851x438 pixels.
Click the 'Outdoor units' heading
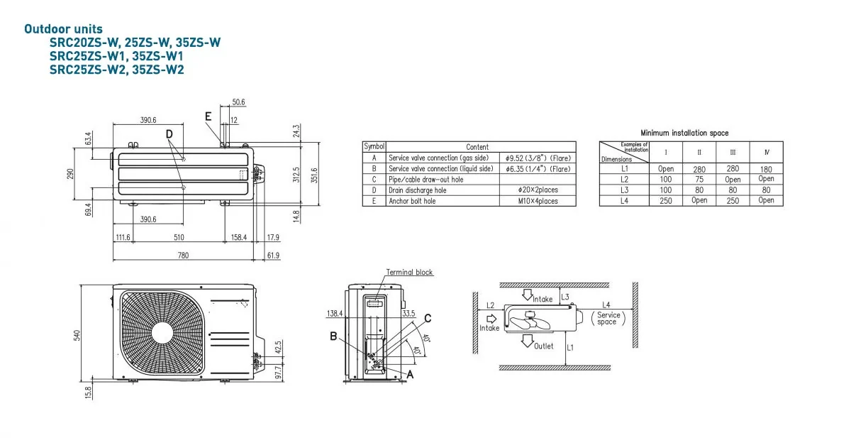pyautogui.click(x=63, y=29)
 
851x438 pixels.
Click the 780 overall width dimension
pyautogui.click(x=184, y=256)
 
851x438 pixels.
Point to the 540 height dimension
pyautogui.click(x=78, y=334)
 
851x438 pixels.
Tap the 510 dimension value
pyautogui.click(x=179, y=237)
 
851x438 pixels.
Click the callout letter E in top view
pyautogui.click(x=208, y=116)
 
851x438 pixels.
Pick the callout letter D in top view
pyautogui.click(x=169, y=133)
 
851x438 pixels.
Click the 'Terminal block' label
pyautogui.click(x=409, y=273)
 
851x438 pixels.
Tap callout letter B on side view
pyautogui.click(x=333, y=336)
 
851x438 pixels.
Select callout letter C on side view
pyautogui.click(x=428, y=317)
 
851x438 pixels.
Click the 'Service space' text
pyautogui.click(x=608, y=319)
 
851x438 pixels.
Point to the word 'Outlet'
pyautogui.click(x=544, y=346)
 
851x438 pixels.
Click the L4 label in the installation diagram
pyautogui.click(x=606, y=305)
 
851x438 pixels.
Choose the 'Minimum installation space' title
pyautogui.click(x=684, y=133)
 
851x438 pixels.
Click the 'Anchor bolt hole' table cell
pyautogui.click(x=412, y=201)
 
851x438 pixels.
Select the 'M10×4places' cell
pyautogui.click(x=538, y=201)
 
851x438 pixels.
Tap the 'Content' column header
pyautogui.click(x=477, y=147)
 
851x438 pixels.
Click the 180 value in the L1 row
pyautogui.click(x=766, y=169)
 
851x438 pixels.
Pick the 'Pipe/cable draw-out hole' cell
pyautogui.click(x=425, y=180)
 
